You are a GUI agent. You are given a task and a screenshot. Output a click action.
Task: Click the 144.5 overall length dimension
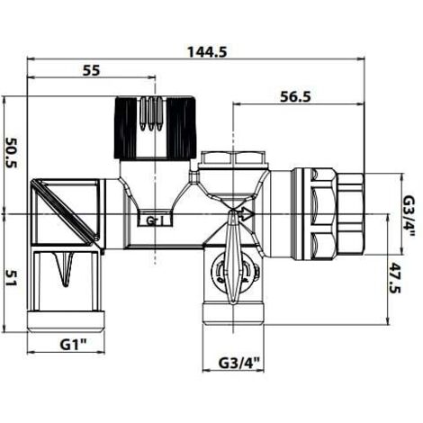[x=207, y=52]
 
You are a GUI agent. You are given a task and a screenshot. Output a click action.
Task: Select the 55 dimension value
[x=91, y=71]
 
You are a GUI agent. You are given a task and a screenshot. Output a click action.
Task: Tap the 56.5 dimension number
[x=295, y=97]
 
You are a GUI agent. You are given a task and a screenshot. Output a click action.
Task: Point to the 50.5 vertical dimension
[x=12, y=153]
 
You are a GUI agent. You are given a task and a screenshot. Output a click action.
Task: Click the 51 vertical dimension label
[x=12, y=278]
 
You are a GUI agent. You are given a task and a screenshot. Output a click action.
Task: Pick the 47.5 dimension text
[x=395, y=278]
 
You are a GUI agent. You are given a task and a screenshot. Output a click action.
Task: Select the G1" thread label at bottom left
[x=74, y=345]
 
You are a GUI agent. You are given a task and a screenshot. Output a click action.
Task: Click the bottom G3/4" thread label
[x=238, y=364]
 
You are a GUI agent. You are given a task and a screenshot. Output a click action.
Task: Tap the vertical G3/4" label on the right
[x=409, y=215]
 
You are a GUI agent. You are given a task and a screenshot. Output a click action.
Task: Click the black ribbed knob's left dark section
[x=126, y=127]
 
